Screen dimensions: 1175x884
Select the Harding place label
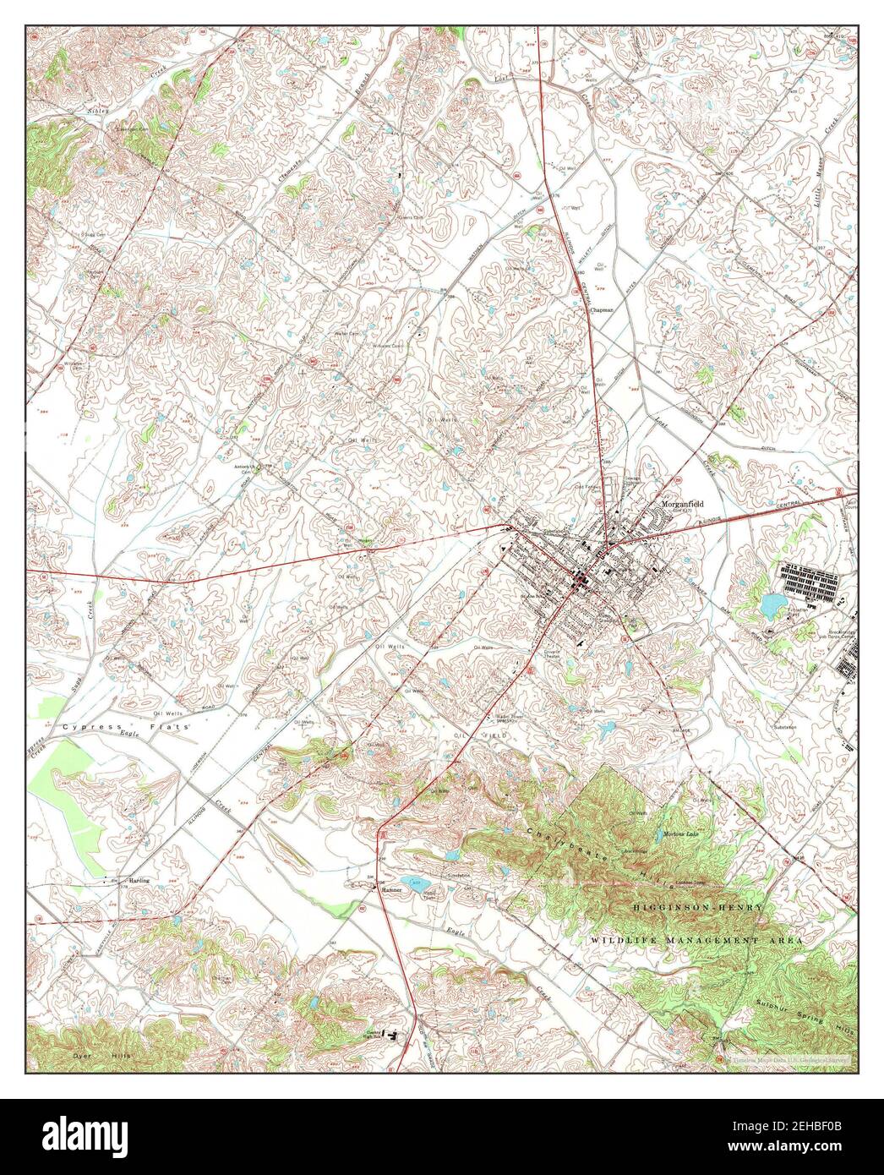[x=139, y=880]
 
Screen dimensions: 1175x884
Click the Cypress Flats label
[x=127, y=726]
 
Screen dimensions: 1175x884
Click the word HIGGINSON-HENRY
[x=699, y=906]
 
